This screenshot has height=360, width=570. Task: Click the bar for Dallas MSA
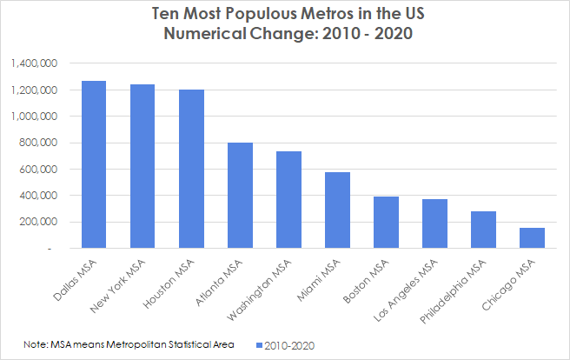pyautogui.click(x=94, y=164)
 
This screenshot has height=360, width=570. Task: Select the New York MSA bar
pyautogui.click(x=142, y=166)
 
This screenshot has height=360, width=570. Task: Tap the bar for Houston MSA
pyautogui.click(x=191, y=169)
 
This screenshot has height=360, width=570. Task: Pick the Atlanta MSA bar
pyautogui.click(x=240, y=195)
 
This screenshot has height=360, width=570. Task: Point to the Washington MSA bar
pyautogui.click(x=288, y=199)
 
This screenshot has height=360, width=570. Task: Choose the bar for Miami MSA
pyautogui.click(x=337, y=210)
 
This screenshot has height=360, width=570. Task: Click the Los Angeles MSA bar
pyautogui.click(x=434, y=223)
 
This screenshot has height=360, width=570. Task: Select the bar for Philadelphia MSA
pyautogui.click(x=483, y=230)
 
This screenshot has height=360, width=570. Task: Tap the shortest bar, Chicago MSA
pyautogui.click(x=532, y=237)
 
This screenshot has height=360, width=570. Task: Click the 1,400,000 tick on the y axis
pyautogui.click(x=35, y=63)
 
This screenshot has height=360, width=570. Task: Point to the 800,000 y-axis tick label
pyautogui.click(x=38, y=143)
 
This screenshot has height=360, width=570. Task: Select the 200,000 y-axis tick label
pyautogui.click(x=38, y=222)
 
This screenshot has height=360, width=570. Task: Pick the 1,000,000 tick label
pyautogui.click(x=35, y=117)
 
